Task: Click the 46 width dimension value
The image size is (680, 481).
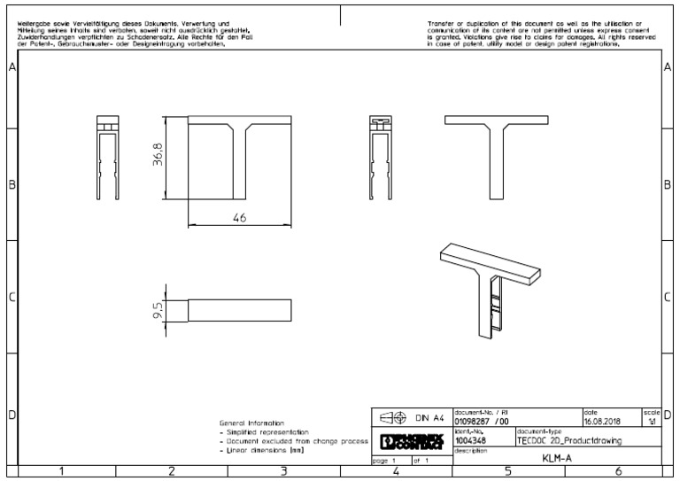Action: click(238, 220)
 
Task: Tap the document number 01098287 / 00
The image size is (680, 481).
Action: click(482, 422)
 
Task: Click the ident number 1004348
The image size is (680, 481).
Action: click(468, 438)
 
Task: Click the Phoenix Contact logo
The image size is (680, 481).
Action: click(410, 440)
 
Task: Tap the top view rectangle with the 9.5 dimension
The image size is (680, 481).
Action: click(239, 309)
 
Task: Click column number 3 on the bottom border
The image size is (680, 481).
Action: click(283, 471)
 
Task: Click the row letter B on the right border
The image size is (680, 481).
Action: click(667, 184)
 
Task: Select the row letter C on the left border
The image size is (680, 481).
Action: click(12, 297)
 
